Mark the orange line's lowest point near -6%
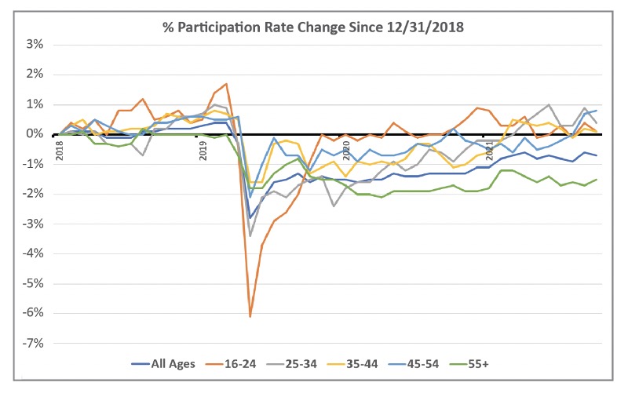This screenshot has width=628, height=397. [250, 316]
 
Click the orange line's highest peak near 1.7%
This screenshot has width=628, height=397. [226, 84]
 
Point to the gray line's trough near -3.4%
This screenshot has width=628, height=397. [250, 235]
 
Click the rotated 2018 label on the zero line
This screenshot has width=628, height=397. [59, 149]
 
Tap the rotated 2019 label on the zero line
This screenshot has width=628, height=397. [203, 149]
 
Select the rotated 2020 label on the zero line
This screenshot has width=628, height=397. [345, 149]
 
